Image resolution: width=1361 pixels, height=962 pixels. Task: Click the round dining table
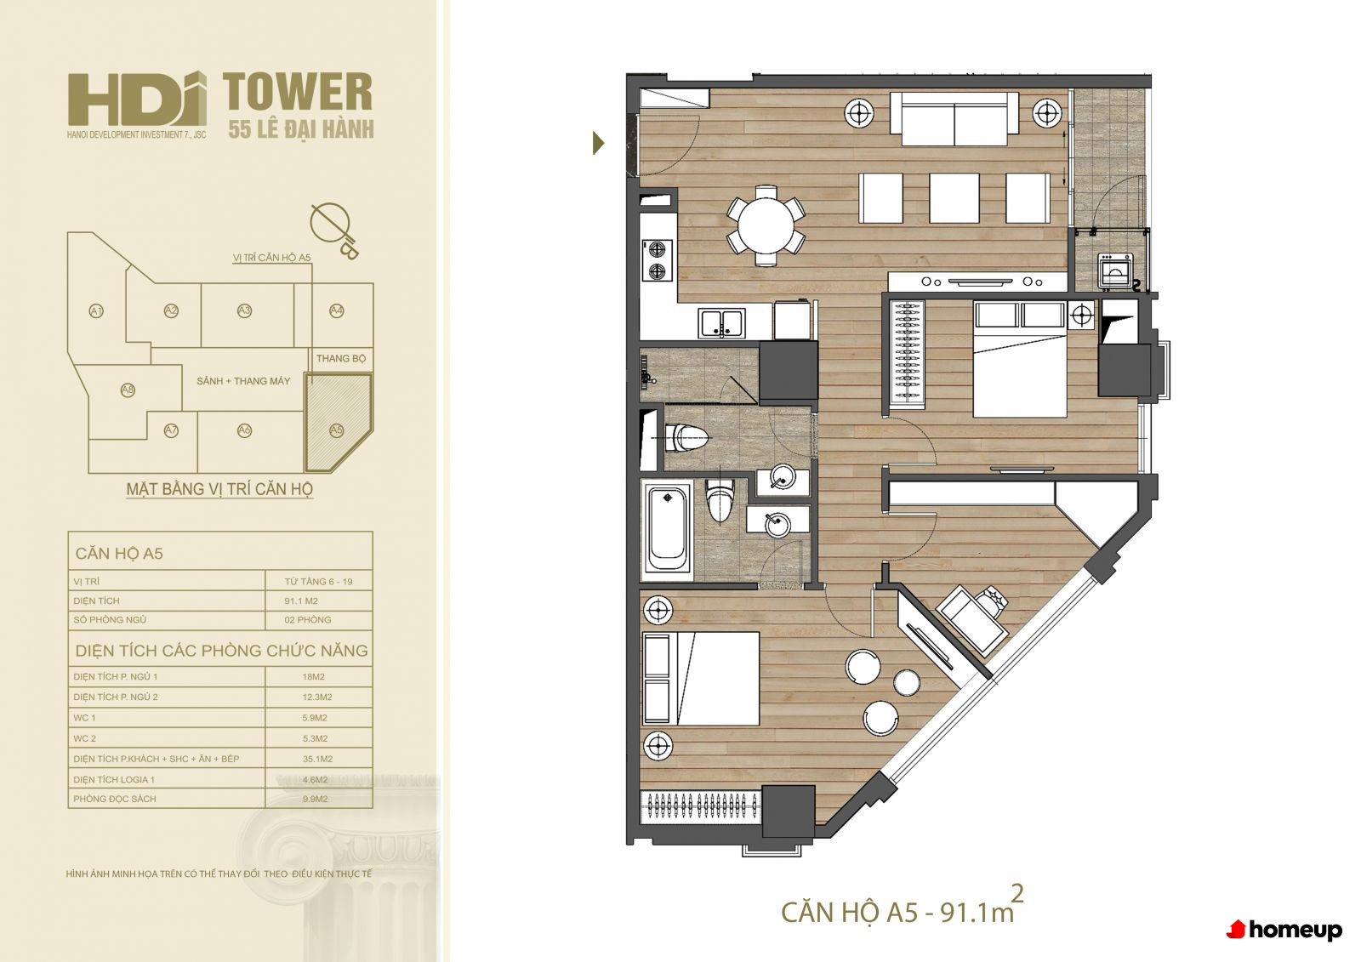click(x=766, y=225)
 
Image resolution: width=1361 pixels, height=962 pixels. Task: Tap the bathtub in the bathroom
click(x=667, y=527)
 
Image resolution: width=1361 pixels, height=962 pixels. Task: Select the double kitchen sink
click(x=721, y=323)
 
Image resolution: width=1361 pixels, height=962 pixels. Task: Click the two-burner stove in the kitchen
click(x=658, y=260)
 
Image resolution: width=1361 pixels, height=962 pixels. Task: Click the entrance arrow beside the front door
click(x=599, y=144)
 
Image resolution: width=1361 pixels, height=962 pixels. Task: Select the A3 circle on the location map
click(x=244, y=310)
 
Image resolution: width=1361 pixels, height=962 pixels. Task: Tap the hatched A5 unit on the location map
click(x=338, y=423)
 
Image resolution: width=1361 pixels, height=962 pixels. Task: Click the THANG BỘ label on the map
click(x=341, y=359)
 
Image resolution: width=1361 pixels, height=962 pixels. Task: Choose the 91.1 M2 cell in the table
click(x=301, y=601)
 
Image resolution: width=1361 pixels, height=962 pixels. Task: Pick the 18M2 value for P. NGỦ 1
click(x=314, y=676)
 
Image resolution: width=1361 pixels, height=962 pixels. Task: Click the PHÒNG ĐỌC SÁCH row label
click(x=115, y=799)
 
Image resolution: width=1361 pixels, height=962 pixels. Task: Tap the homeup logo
click(x=1284, y=930)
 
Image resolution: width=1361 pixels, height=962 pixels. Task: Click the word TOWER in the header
click(x=298, y=92)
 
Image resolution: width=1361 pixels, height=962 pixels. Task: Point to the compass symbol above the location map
click(x=334, y=230)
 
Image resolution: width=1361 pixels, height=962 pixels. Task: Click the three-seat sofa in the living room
click(x=954, y=118)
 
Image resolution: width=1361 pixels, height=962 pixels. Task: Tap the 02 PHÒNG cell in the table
click(x=307, y=620)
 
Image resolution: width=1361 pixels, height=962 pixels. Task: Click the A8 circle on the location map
click(x=128, y=390)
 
